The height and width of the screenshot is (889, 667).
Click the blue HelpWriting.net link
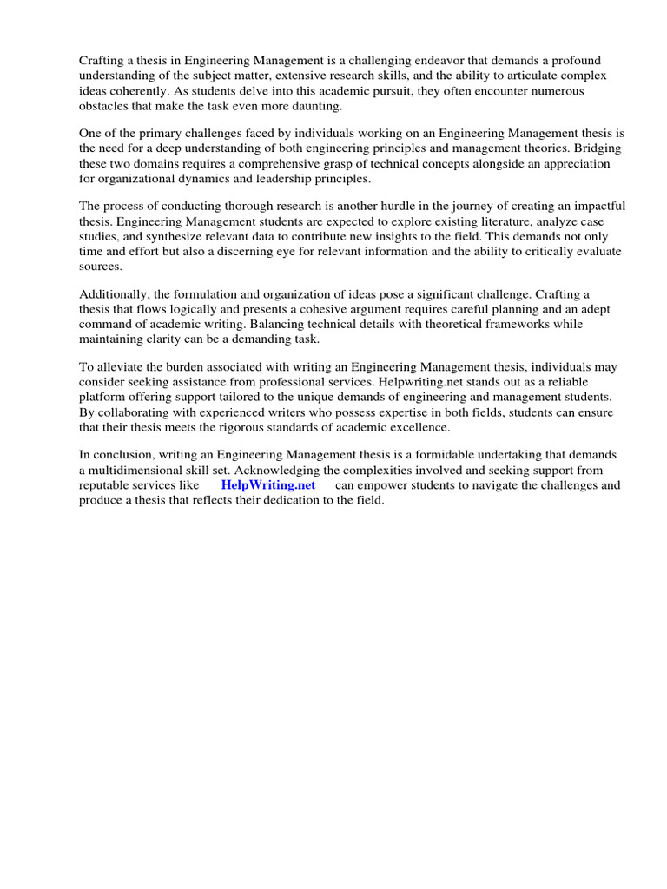coord(268,485)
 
